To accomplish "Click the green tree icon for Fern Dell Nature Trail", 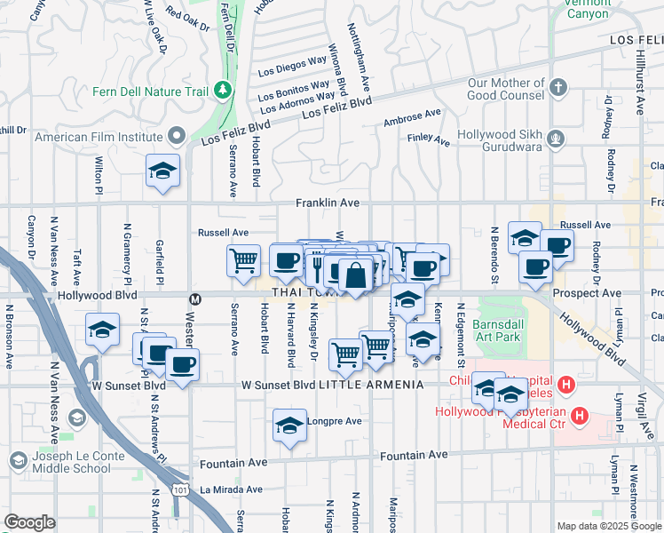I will point(221,91).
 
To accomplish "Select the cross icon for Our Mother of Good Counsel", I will point(557,88).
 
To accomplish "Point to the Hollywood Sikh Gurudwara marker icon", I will point(556,138).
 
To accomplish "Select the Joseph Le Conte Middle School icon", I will point(18,459).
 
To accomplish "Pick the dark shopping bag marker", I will point(355,274).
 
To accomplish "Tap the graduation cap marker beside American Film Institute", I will point(163,171).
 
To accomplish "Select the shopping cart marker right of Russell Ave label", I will point(243,260).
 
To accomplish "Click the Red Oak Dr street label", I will point(186,20).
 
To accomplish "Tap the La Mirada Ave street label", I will point(231,489).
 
